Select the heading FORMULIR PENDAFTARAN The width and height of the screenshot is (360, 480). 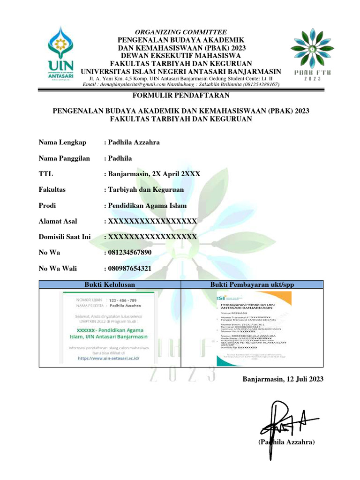180,96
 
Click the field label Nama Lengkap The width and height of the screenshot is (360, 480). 62,142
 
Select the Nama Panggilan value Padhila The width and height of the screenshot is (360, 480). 120,158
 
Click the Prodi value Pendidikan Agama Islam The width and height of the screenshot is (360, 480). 147,205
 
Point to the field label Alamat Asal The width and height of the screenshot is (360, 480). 58,221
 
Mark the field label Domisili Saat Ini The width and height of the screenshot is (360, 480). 65,237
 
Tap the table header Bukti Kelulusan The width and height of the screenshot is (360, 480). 109,284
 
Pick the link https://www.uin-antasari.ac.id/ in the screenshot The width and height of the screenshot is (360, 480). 109,357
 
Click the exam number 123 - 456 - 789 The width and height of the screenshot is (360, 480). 122,300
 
